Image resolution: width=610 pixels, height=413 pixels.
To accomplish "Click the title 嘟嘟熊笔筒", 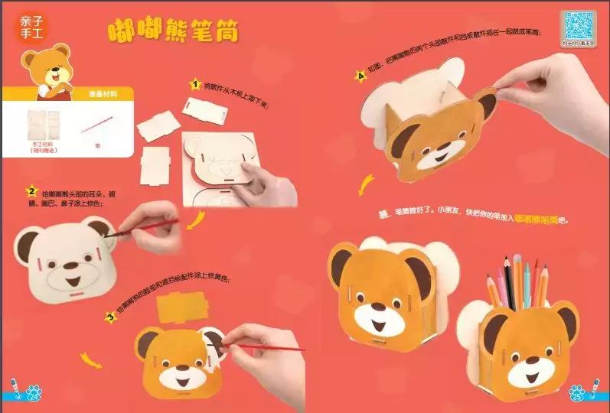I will click(x=172, y=31).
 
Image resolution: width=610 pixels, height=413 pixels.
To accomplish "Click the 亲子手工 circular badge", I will click(x=30, y=28).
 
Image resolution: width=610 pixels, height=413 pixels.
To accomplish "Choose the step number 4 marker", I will click(x=360, y=76).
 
